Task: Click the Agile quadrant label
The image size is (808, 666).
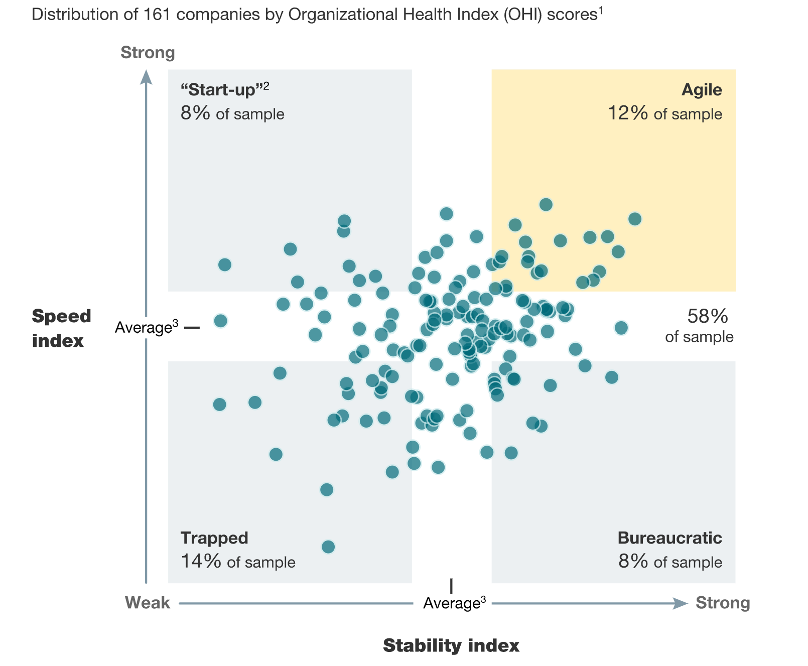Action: (x=701, y=90)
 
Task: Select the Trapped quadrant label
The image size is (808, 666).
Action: (x=214, y=538)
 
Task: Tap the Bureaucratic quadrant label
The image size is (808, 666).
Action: (x=669, y=538)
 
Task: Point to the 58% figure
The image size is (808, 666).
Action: (x=707, y=316)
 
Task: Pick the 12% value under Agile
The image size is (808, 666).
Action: (x=628, y=113)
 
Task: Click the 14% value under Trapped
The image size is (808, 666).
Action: (x=201, y=561)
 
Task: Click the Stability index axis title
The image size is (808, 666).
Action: (x=451, y=645)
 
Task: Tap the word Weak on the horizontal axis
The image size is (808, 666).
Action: (x=148, y=603)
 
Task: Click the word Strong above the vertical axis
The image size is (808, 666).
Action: (x=148, y=53)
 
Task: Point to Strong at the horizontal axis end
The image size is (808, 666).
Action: (x=723, y=603)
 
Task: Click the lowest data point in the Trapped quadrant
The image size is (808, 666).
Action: (x=328, y=547)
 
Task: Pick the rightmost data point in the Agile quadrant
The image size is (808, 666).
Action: (x=635, y=219)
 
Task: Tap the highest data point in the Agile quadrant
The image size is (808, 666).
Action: (x=546, y=204)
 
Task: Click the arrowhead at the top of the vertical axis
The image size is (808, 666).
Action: (x=146, y=77)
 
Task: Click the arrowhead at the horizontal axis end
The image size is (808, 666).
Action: (x=680, y=603)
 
